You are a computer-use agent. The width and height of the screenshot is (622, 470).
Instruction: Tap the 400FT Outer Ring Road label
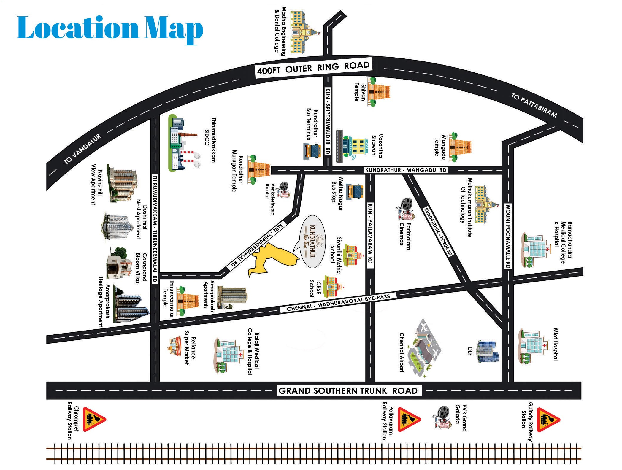(x=313, y=68)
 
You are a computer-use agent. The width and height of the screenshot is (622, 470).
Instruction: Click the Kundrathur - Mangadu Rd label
(x=406, y=170)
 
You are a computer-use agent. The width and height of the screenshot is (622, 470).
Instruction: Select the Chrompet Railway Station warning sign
(x=94, y=419)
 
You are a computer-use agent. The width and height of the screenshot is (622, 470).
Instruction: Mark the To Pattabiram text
(x=534, y=105)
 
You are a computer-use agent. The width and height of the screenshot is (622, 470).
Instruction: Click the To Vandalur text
(x=82, y=149)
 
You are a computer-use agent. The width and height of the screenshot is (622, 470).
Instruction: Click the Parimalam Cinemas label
(x=405, y=236)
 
